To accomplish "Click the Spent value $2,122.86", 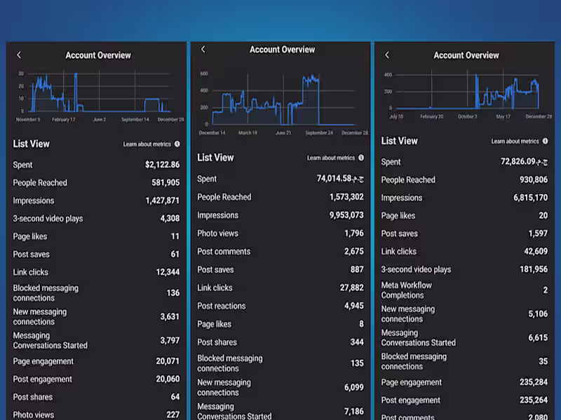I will click(162, 165).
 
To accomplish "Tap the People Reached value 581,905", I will click(165, 183).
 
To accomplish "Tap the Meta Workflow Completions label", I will click(407, 290).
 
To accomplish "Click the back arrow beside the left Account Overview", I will click(19, 55).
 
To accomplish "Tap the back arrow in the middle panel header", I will click(203, 50).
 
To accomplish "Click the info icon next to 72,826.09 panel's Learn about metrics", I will click(545, 141).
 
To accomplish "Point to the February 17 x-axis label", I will click(64, 120).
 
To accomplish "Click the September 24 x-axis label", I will click(320, 133).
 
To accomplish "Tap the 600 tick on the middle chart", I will click(204, 73).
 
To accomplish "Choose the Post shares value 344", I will click(357, 342).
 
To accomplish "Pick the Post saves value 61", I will click(175, 254).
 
